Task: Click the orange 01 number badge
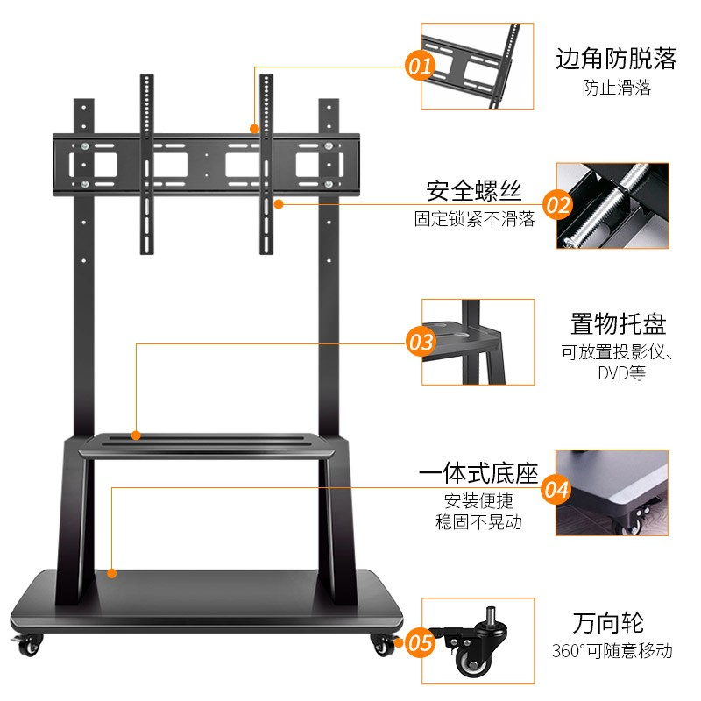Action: click(x=420, y=66)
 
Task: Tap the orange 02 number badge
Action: click(x=557, y=205)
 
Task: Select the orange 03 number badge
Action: click(x=421, y=342)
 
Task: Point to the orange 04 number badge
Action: click(x=556, y=490)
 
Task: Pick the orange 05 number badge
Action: click(x=420, y=642)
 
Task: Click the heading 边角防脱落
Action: click(x=616, y=59)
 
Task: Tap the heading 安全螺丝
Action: click(x=474, y=191)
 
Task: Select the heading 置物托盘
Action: click(x=619, y=323)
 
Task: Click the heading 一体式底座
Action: click(x=478, y=473)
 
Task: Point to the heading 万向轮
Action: click(x=608, y=623)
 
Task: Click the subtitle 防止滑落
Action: click(x=617, y=88)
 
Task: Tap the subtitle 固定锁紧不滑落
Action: click(x=474, y=219)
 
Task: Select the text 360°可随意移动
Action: click(x=612, y=650)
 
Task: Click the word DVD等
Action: click(x=622, y=372)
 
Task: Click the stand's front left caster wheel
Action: click(x=28, y=645)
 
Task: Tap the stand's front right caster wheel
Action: click(x=384, y=645)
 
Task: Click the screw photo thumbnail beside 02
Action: click(x=612, y=206)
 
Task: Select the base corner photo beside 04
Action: click(x=612, y=492)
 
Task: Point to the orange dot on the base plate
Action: click(x=112, y=573)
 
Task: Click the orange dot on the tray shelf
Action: click(x=136, y=435)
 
